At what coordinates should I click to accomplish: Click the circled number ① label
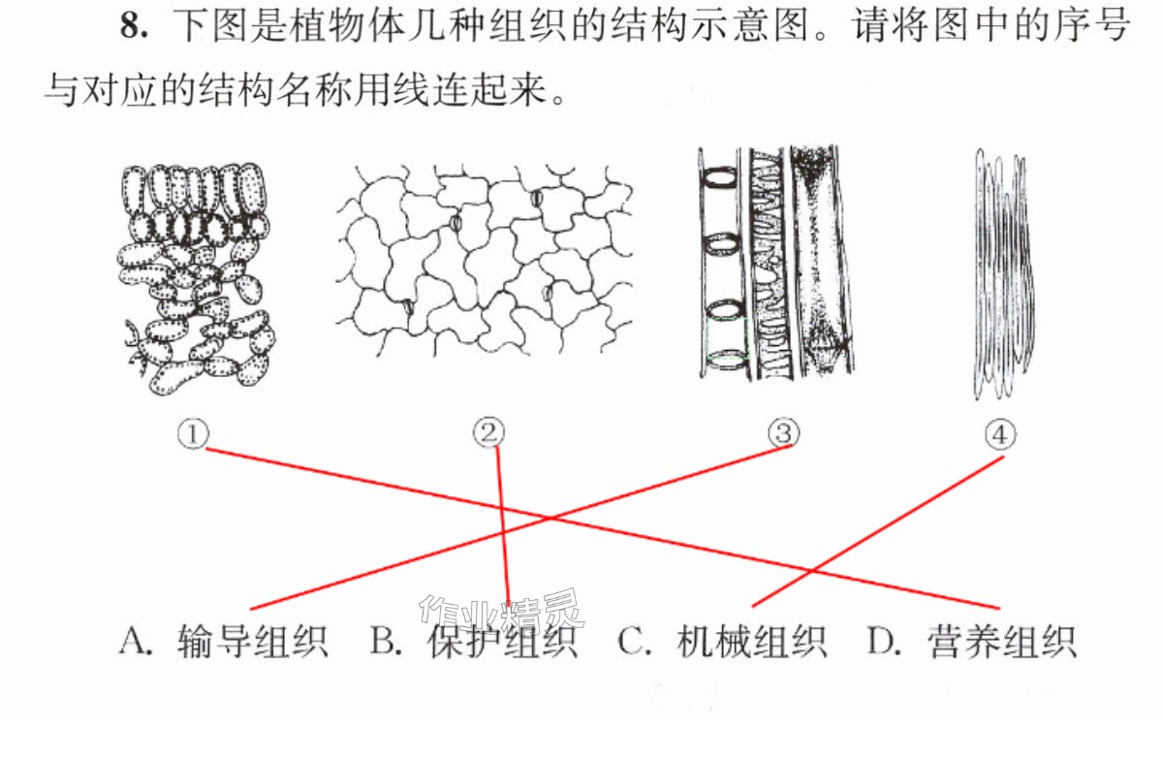[193, 434]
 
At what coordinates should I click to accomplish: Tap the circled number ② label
[488, 432]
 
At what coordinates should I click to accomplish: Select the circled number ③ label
[784, 433]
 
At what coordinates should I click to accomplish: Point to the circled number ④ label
[1000, 434]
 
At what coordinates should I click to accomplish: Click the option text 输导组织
[253, 642]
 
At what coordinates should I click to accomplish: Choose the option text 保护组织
[503, 642]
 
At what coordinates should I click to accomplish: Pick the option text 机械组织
[752, 642]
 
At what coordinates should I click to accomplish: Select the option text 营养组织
[1002, 642]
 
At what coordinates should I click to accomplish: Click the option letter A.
[135, 642]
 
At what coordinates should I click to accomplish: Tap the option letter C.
[634, 642]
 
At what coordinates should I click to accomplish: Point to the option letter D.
[884, 642]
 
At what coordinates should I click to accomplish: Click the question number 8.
[134, 25]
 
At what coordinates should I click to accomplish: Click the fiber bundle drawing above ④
[1003, 273]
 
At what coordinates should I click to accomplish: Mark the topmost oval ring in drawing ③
[719, 177]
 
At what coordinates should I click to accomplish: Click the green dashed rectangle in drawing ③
[727, 341]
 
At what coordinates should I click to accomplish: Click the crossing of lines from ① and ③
[550, 518]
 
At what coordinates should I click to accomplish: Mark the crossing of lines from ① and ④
[813, 571]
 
